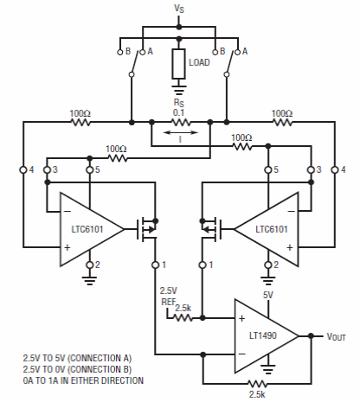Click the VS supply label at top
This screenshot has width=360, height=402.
[179, 9]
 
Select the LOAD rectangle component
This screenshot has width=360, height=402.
[179, 64]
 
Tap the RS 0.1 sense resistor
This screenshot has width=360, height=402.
[181, 123]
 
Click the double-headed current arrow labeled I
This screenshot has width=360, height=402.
[181, 132]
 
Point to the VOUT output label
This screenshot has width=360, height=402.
[336, 336]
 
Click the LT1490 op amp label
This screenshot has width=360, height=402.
[263, 335]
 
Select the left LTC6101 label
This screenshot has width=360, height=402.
[87, 229]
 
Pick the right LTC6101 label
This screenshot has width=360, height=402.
[272, 229]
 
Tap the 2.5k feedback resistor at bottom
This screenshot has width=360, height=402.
[257, 384]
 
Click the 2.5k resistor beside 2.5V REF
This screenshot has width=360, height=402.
[183, 318]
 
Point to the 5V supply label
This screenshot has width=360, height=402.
[268, 295]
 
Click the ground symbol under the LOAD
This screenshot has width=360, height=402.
[179, 89]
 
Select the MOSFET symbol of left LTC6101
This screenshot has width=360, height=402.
[147, 229]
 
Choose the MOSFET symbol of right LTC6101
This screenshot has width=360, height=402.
[211, 229]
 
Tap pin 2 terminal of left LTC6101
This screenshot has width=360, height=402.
[90, 265]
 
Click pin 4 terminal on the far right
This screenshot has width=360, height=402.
[335, 169]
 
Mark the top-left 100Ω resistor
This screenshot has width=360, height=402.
[80, 123]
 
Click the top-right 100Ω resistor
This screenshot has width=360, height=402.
[282, 123]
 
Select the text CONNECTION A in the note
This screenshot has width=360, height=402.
[100, 358]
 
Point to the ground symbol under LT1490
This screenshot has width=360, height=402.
[268, 367]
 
